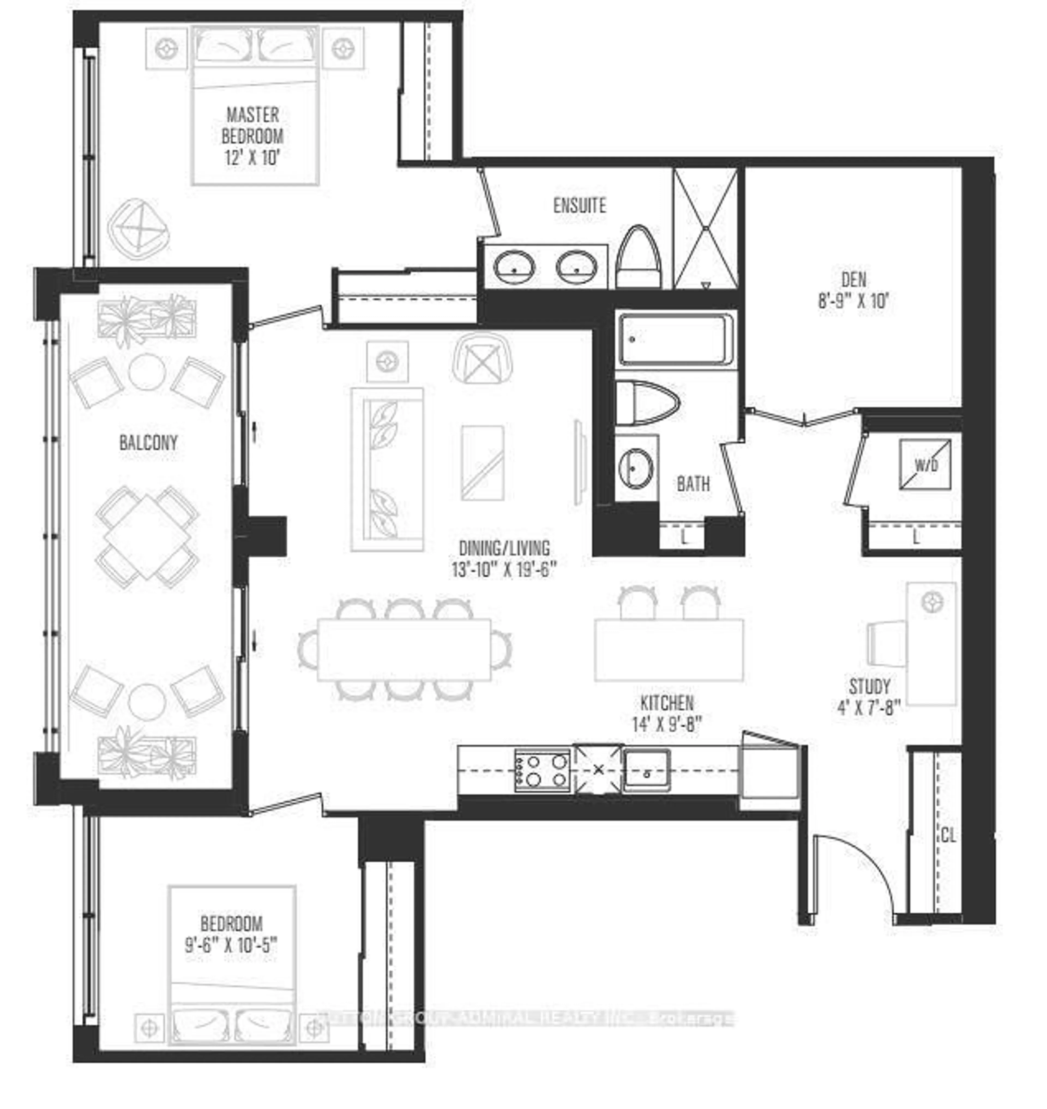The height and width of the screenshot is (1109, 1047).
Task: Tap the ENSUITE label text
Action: tap(579, 205)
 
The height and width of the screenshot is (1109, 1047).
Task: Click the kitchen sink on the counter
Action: tap(646, 770)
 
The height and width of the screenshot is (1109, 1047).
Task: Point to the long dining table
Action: tap(404, 649)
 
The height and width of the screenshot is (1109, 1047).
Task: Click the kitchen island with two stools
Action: tap(669, 650)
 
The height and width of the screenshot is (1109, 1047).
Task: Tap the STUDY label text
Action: tap(870, 686)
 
